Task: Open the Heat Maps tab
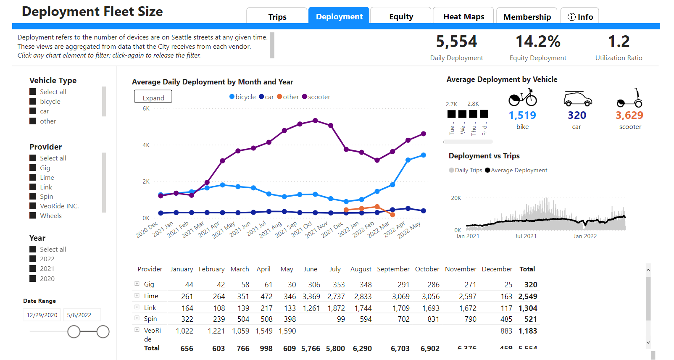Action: click(x=463, y=16)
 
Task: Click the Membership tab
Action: click(x=527, y=17)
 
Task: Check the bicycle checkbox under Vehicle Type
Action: click(x=33, y=101)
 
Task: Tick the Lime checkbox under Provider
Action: click(x=33, y=177)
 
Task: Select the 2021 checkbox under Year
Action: click(x=33, y=268)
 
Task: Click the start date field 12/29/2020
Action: click(x=42, y=315)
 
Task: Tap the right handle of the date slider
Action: click(x=103, y=331)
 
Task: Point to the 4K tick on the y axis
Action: click(x=146, y=145)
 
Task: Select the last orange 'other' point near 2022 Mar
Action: click(x=392, y=215)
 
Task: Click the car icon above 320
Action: click(x=577, y=99)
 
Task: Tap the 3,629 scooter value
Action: click(x=629, y=115)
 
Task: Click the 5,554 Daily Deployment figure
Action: click(x=456, y=42)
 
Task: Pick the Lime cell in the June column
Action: click(x=311, y=296)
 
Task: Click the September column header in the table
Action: click(x=393, y=269)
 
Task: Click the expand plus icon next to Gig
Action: click(x=137, y=284)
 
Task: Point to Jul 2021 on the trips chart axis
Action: click(x=526, y=236)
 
